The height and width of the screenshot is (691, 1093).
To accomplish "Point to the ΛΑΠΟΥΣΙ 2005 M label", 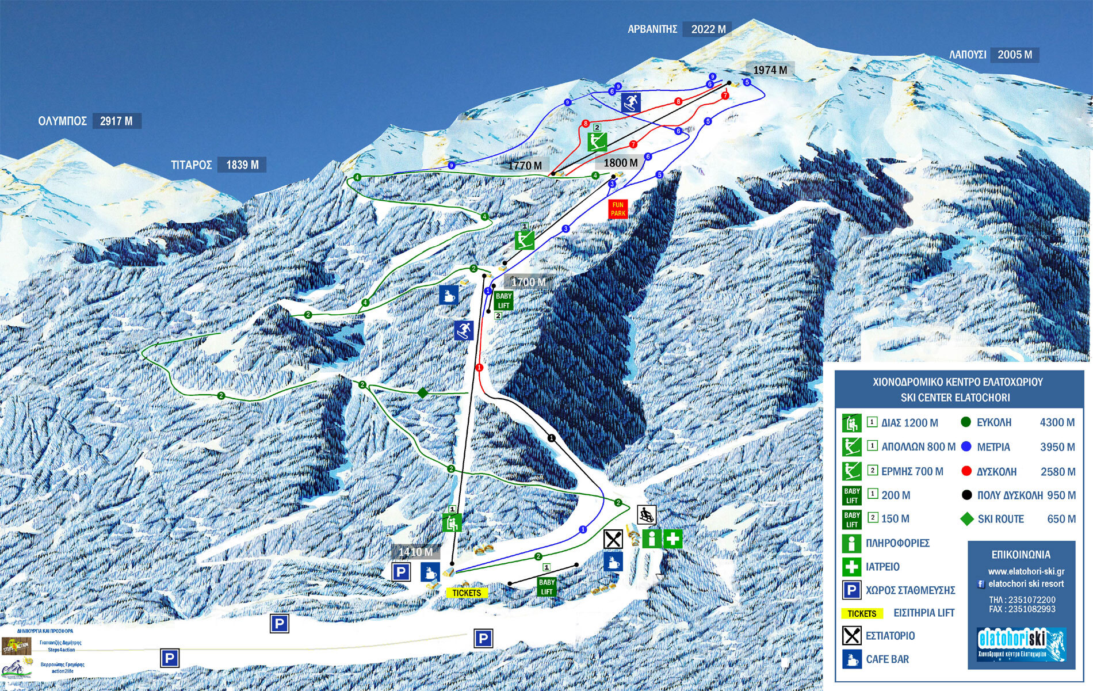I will (x=993, y=55).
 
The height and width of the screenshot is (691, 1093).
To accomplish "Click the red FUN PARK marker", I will (x=618, y=209).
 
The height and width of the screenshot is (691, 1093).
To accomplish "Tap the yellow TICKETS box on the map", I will (x=467, y=593).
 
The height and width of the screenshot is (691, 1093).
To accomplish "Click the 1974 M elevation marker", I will (x=770, y=70).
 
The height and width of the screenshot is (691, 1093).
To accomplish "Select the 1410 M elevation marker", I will (x=415, y=552).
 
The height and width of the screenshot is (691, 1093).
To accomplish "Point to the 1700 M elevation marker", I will (x=528, y=282).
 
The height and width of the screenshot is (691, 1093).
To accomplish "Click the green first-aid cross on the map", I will (x=672, y=539).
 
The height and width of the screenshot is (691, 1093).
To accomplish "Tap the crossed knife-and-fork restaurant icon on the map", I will (x=613, y=539).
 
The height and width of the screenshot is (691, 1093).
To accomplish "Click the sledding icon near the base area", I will (x=647, y=514).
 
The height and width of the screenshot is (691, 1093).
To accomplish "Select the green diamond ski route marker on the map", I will (x=423, y=393).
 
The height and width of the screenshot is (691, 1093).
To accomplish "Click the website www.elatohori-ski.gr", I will (x=1026, y=571).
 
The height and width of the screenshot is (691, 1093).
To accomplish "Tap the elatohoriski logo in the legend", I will (x=1021, y=644).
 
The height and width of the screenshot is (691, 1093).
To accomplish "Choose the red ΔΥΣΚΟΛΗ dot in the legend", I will (x=966, y=471).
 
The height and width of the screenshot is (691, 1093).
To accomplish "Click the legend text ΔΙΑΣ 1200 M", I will (x=909, y=423).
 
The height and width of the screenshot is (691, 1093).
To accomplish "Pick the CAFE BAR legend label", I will (x=887, y=659).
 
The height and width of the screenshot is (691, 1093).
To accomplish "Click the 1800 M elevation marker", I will (x=620, y=163).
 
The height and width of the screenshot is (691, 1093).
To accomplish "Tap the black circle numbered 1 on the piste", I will (x=551, y=438).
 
